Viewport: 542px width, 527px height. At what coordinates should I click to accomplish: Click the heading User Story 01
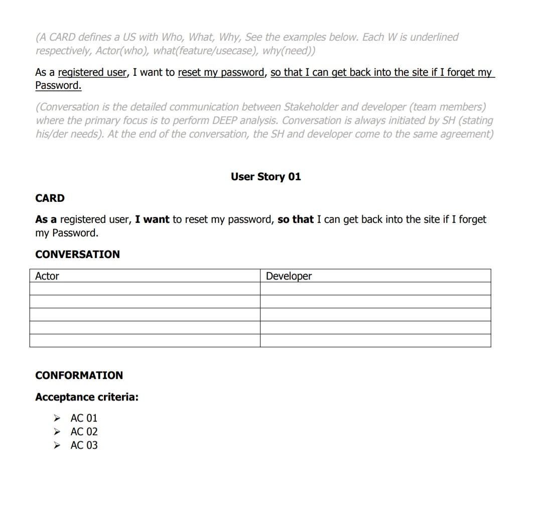point(265,177)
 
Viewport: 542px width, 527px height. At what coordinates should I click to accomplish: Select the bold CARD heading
point(50,198)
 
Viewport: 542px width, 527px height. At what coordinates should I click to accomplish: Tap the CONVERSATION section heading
point(77,254)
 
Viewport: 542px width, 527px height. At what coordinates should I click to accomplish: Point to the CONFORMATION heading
point(79,375)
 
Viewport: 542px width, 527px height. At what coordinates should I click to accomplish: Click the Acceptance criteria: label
point(87,397)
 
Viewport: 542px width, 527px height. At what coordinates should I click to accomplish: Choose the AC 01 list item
point(84,418)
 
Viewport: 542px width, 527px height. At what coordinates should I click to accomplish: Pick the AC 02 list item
point(84,432)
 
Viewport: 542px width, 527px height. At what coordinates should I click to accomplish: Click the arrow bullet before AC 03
point(58,445)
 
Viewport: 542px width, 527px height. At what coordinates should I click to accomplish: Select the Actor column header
point(47,276)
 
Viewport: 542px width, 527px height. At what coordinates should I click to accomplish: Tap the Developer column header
point(289,276)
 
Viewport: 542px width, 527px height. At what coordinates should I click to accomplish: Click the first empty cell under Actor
point(145,289)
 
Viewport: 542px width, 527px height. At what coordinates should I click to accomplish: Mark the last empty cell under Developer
point(375,340)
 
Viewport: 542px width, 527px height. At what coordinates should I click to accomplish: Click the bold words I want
point(152,219)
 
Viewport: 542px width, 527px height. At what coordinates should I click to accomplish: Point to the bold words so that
point(295,219)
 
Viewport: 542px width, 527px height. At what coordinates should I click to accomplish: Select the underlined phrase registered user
point(92,72)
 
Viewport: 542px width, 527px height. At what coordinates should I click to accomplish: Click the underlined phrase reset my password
point(221,72)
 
